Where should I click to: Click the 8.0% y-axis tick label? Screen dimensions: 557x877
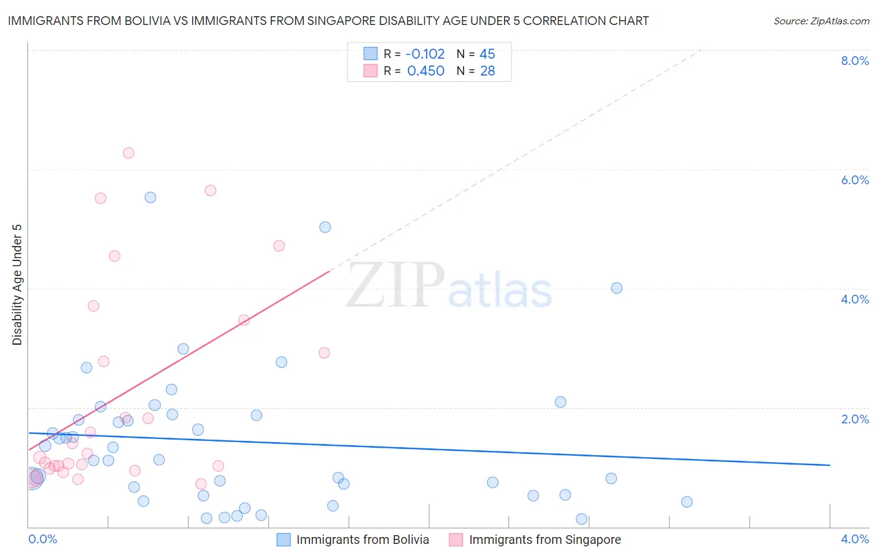pos(855,61)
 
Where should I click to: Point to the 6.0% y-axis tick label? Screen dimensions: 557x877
pos(855,180)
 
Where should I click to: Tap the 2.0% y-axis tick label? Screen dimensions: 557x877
pos(855,419)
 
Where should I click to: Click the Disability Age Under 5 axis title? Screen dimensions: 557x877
pos(17,284)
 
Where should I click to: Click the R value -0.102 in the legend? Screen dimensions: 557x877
pos(425,54)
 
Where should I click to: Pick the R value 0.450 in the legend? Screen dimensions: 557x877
pos(425,71)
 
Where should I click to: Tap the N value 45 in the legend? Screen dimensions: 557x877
pos(487,54)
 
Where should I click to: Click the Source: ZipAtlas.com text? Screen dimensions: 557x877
pos(821,21)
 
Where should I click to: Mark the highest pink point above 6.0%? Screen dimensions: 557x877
pos(128,153)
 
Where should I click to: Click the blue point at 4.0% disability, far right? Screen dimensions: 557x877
pos(616,288)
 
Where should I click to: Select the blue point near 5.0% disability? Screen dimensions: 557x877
pos(325,227)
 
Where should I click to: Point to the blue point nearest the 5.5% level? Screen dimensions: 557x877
pos(150,197)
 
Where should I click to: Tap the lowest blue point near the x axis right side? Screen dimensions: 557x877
pos(581,519)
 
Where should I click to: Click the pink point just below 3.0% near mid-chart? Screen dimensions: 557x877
pos(324,353)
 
